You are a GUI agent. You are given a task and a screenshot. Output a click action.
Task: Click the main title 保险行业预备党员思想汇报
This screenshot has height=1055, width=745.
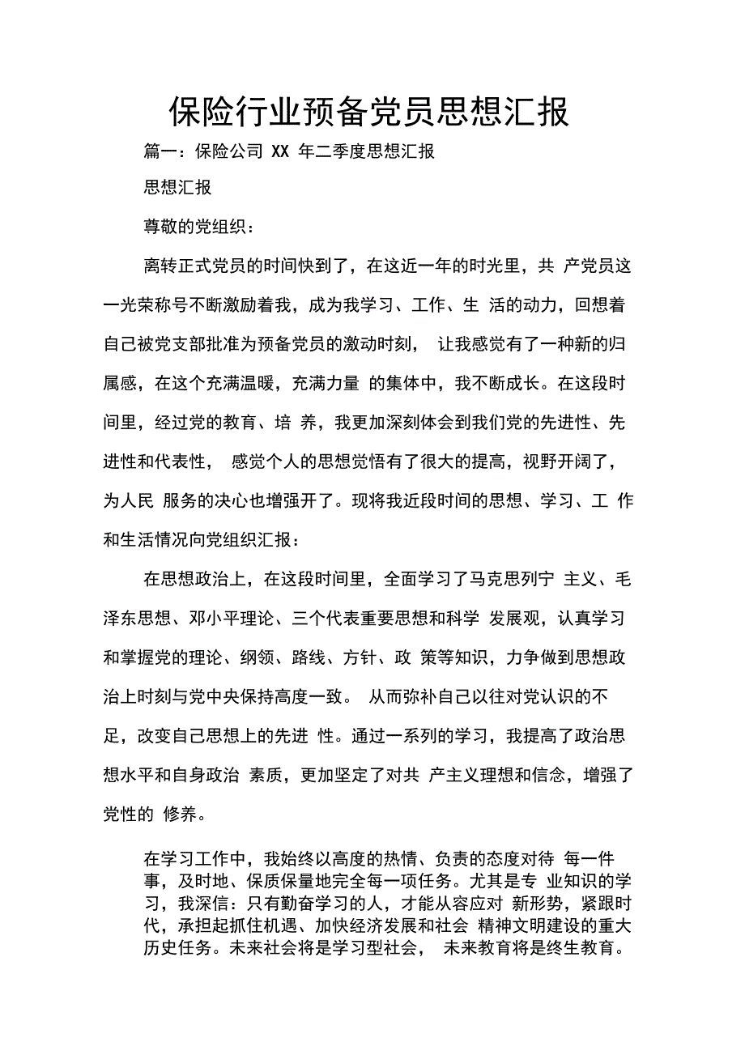click(369, 113)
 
